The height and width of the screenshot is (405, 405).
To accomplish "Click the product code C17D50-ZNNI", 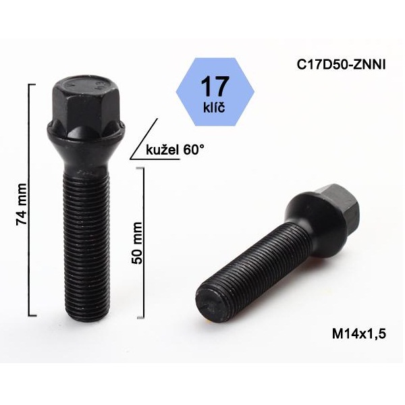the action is click(x=341, y=65).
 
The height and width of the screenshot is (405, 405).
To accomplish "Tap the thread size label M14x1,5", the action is click(x=359, y=333).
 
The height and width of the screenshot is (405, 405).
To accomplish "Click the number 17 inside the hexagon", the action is click(x=215, y=86).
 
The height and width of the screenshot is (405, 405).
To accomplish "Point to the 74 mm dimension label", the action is click(x=21, y=204).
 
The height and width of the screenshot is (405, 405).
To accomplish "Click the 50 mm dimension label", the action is click(x=136, y=243).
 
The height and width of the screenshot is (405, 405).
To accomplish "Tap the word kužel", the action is click(x=163, y=150).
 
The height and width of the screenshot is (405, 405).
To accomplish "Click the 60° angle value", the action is click(x=194, y=149).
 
